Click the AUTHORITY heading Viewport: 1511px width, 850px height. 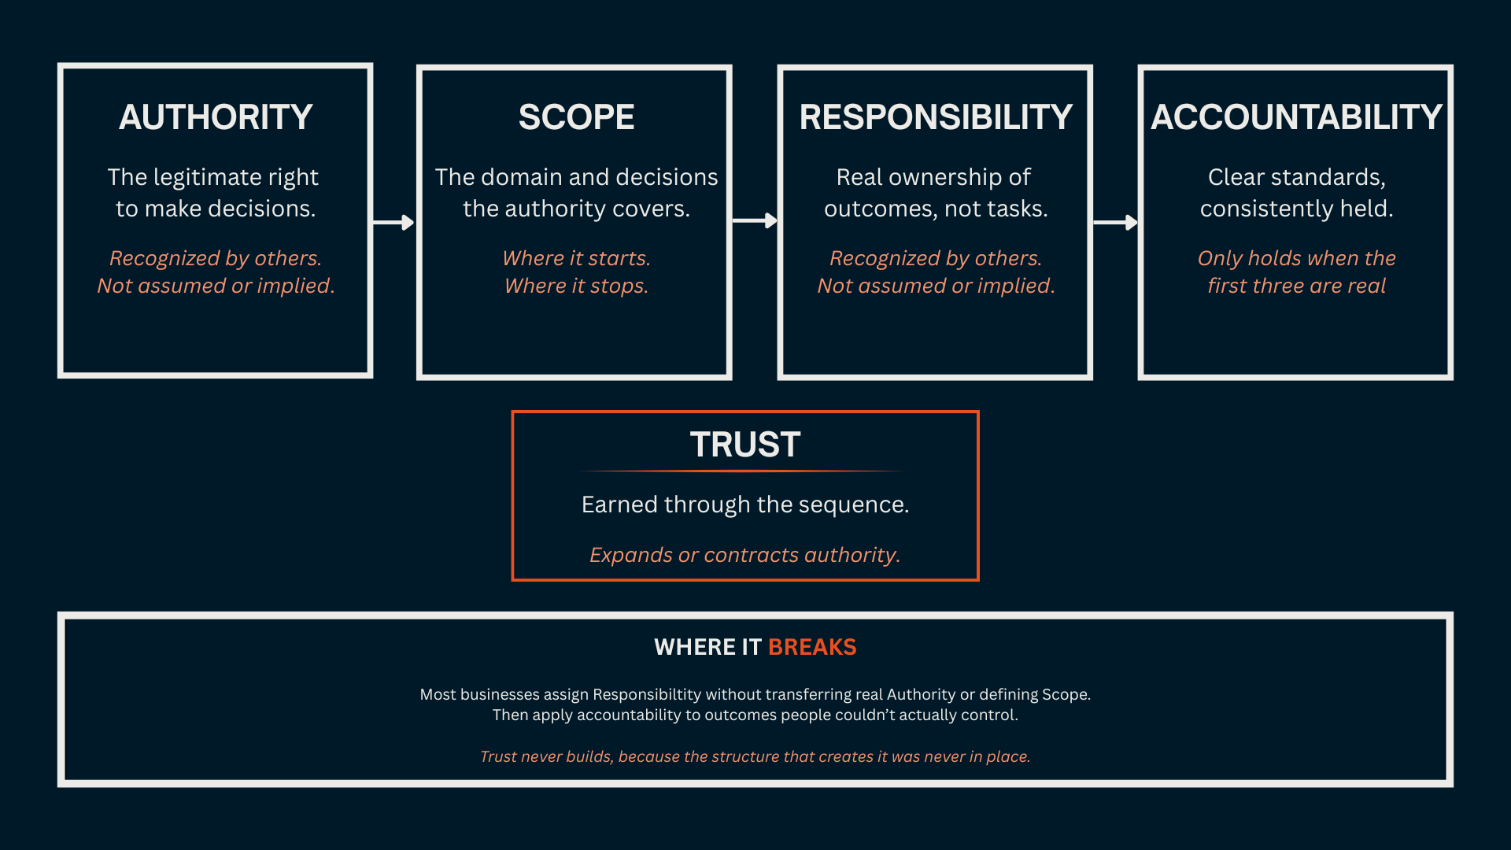(216, 117)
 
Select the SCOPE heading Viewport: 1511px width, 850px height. (576, 117)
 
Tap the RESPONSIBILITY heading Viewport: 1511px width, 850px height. (936, 117)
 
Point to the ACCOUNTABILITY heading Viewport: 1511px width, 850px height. (1296, 117)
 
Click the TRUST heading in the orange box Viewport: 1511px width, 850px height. (745, 445)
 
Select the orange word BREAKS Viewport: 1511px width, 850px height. (811, 647)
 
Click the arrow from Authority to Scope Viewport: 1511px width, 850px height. (393, 223)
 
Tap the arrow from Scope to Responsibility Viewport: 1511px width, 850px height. (755, 221)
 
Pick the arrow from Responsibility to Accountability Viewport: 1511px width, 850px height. (1115, 223)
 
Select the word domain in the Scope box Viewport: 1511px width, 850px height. (515, 177)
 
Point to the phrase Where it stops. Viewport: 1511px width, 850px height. (576, 286)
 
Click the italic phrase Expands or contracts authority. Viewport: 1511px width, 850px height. (744, 555)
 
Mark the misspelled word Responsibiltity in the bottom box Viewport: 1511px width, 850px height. (646, 694)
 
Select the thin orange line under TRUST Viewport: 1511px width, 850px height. (743, 471)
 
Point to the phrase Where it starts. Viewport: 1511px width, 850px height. (576, 258)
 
